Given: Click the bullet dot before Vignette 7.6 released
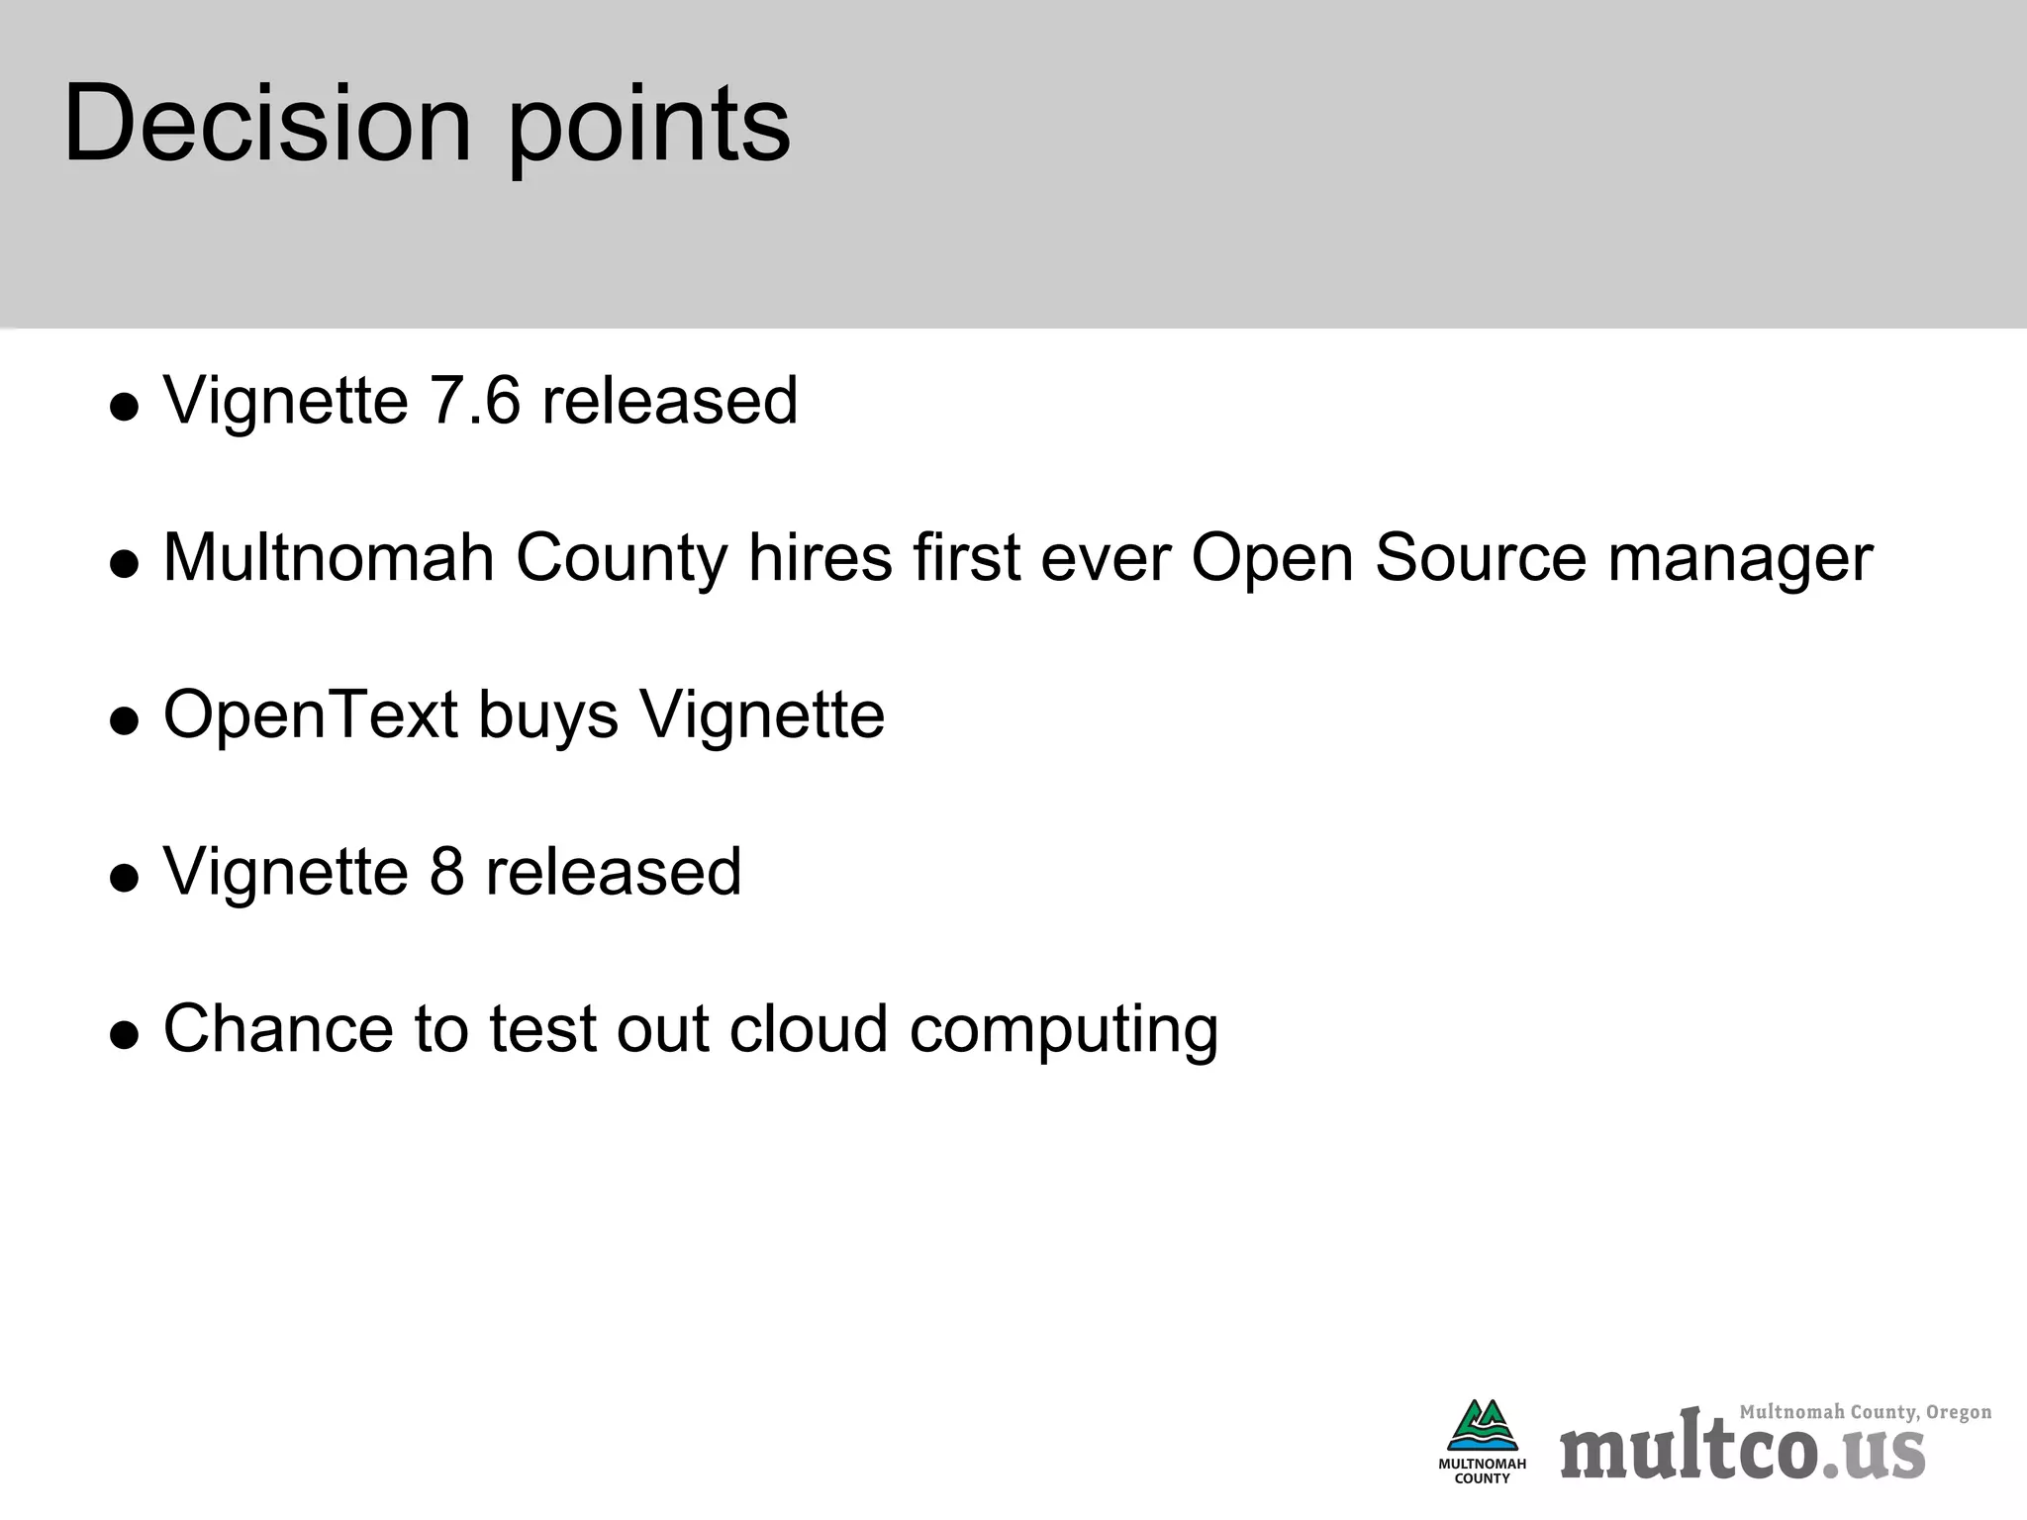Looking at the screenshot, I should pos(125,408).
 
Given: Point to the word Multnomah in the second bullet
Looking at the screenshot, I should pos(329,557).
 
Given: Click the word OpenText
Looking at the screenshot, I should pos(311,714).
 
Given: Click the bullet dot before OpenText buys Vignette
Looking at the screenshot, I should pos(125,721).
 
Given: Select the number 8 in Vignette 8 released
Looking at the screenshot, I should pos(446,872).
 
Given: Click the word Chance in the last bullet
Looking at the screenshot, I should pos(278,1029).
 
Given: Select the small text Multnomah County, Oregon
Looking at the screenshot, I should pos(1865,1412).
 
